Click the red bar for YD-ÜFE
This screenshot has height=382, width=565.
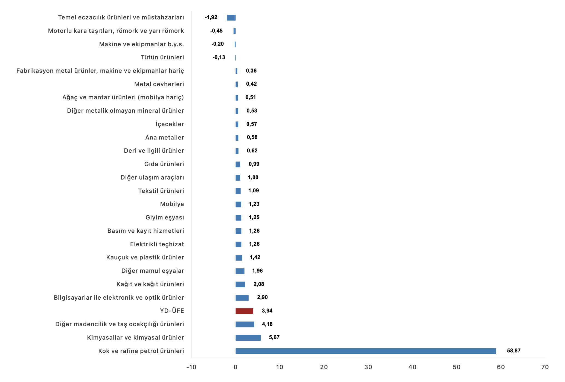click(x=244, y=311)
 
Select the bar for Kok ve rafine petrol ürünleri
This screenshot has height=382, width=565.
click(x=366, y=351)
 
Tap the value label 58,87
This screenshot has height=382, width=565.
click(x=514, y=351)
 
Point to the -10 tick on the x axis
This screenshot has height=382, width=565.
click(x=191, y=367)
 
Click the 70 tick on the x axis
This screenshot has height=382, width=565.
click(x=545, y=367)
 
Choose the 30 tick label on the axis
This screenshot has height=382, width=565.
click(x=368, y=367)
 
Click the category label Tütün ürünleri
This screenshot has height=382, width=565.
click(x=162, y=57)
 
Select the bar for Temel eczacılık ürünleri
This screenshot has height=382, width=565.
click(x=231, y=18)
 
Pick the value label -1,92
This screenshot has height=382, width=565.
click(x=211, y=18)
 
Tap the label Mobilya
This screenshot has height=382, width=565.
click(x=172, y=204)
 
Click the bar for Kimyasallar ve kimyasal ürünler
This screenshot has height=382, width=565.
click(x=248, y=338)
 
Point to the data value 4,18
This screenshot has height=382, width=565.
click(x=267, y=324)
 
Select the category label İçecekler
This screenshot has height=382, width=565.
click(x=170, y=124)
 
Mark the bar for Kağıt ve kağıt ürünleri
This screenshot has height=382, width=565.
click(x=240, y=285)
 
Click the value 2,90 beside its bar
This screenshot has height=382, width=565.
click(x=262, y=297)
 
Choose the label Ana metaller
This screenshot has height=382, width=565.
click(x=165, y=138)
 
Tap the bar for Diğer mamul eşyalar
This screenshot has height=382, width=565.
click(x=240, y=271)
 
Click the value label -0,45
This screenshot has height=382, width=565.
click(x=216, y=31)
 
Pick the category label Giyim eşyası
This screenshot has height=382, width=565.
click(x=165, y=218)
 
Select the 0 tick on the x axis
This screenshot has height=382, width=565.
click(x=235, y=367)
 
